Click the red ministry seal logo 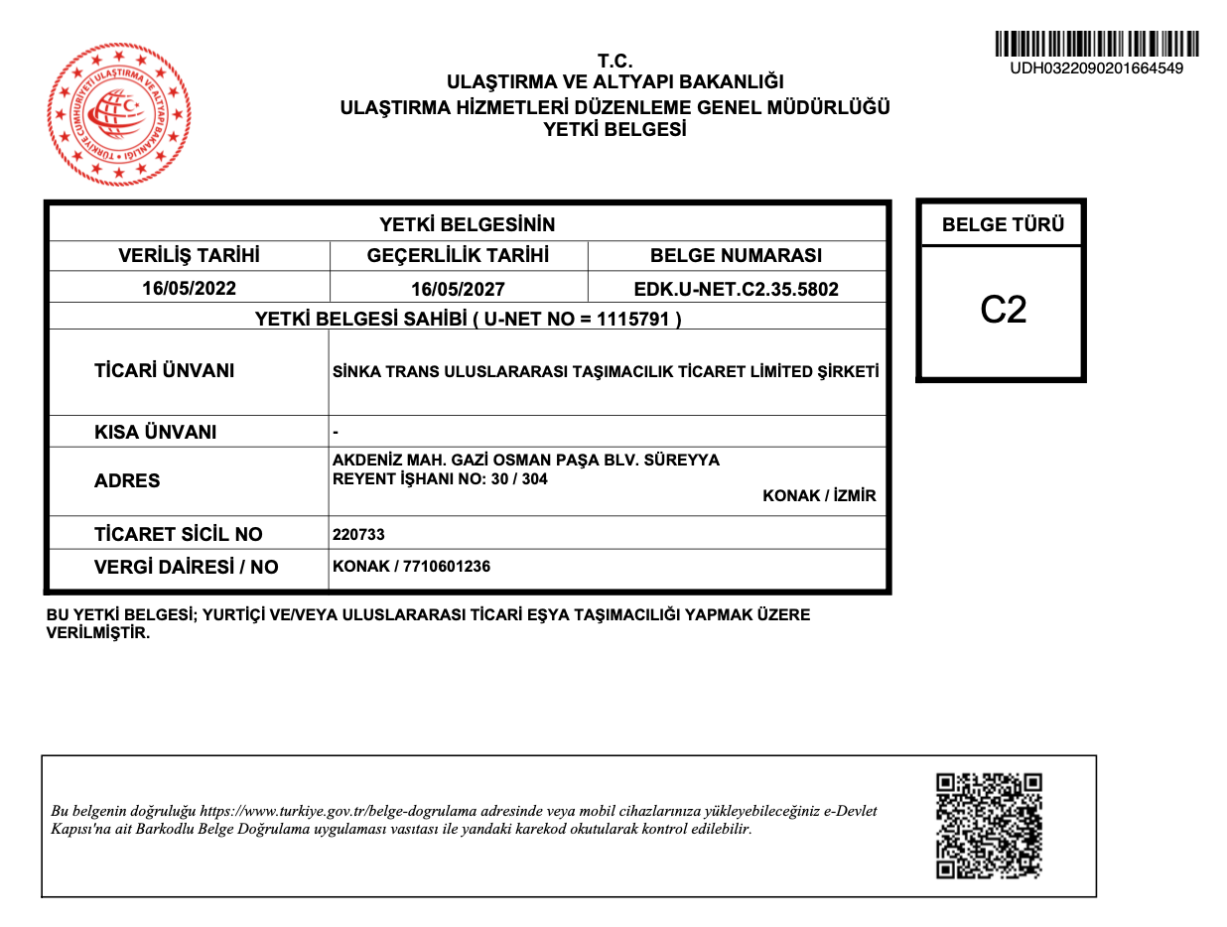click(119, 113)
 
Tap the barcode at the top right click(1096, 44)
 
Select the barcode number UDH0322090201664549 click(1096, 68)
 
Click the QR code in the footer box click(990, 826)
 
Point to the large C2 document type click(1003, 311)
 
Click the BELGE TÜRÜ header click(1003, 224)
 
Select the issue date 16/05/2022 click(189, 289)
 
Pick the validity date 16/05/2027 click(458, 290)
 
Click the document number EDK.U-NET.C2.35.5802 click(736, 290)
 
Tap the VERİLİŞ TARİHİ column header click(189, 256)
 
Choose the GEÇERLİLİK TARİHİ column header click(458, 256)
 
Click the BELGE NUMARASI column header click(736, 256)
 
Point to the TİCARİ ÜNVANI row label click(164, 371)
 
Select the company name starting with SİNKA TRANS click(607, 372)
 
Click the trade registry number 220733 click(358, 535)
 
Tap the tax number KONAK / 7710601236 click(411, 567)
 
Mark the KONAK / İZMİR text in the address click(819, 496)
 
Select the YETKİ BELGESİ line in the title click(614, 129)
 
